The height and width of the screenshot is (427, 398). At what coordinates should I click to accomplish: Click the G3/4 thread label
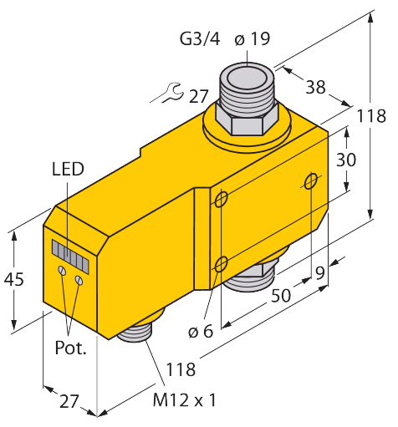[200, 38]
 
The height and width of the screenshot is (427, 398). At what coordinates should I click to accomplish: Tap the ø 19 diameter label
[253, 38]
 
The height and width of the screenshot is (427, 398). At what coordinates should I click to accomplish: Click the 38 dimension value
[316, 87]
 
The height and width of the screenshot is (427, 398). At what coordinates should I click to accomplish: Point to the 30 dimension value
[346, 160]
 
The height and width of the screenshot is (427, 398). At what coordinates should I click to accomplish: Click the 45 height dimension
[13, 279]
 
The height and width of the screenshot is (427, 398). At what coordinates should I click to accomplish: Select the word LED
[68, 169]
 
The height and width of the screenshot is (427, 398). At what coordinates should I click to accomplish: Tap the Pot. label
[70, 348]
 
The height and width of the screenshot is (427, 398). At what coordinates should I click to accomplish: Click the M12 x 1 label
[184, 400]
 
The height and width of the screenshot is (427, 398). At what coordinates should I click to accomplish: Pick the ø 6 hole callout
[201, 331]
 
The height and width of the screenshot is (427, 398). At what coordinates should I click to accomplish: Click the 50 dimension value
[281, 295]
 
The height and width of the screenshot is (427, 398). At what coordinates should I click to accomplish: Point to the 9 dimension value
[320, 273]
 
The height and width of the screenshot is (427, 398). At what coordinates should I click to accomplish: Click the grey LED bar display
[70, 257]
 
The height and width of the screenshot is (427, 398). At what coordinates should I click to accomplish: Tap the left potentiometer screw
[62, 270]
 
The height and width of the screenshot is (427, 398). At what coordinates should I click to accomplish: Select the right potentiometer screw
[79, 280]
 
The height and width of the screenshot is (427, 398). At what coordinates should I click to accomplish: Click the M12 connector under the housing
[135, 333]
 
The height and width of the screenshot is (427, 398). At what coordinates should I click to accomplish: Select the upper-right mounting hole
[310, 181]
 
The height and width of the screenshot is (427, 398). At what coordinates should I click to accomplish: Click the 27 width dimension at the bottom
[69, 401]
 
